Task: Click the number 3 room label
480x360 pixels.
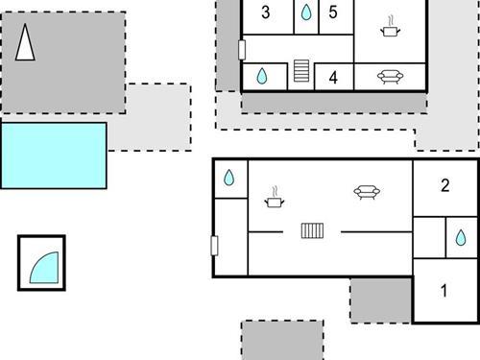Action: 265,12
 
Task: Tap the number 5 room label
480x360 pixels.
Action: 333,12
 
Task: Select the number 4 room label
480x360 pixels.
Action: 333,78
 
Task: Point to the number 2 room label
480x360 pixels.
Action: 444,186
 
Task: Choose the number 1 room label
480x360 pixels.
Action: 444,291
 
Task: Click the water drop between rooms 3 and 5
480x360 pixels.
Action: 305,12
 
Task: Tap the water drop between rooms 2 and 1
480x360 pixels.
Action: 461,237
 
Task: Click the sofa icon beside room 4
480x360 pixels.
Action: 390,77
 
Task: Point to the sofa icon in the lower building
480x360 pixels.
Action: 365,192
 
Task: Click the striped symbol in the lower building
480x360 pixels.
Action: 314,230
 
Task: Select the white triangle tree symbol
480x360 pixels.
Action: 26,43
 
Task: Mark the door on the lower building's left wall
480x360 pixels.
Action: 215,245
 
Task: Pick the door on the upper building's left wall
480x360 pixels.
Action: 242,49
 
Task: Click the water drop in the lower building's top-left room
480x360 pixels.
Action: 229,178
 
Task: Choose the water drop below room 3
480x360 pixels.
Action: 261,77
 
